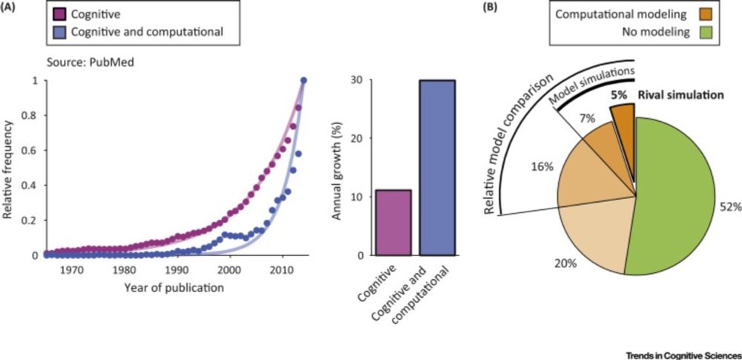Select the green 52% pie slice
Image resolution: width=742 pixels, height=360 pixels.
tap(675, 193)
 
